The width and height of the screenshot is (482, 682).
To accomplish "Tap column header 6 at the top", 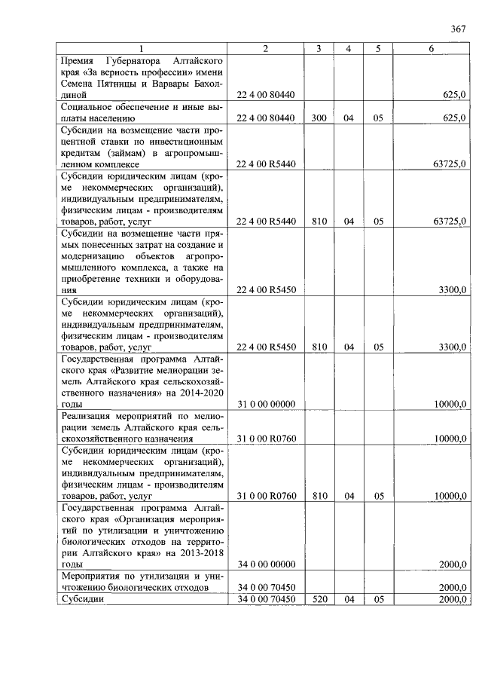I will (x=431, y=49).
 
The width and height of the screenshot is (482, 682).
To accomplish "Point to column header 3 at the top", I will (x=319, y=49).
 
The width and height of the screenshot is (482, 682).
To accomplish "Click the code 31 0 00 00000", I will (x=266, y=405).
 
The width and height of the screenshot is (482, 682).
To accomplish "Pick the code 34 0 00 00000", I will (x=266, y=564).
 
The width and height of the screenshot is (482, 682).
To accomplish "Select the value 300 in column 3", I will (x=319, y=118).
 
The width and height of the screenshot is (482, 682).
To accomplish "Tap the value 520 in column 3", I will (x=319, y=599).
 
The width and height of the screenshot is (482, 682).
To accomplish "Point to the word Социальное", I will (x=94, y=107).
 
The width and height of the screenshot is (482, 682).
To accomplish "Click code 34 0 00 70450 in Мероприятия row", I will (x=266, y=588).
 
